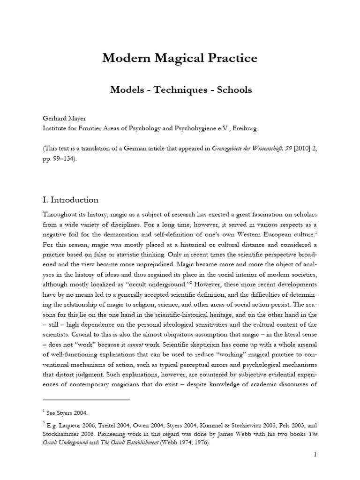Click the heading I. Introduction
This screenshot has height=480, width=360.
tap(70, 200)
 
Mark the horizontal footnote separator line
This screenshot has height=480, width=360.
tap(86, 400)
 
